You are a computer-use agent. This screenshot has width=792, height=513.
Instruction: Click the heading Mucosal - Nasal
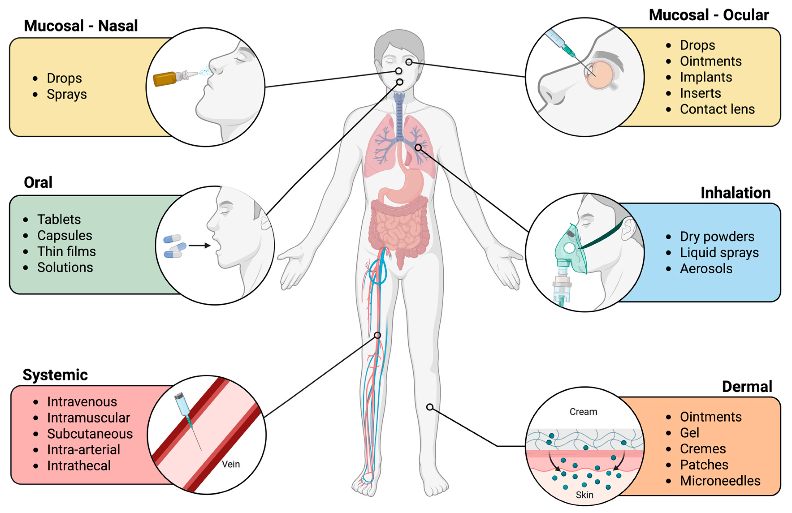point(81,26)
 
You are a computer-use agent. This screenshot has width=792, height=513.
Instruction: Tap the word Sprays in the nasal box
point(67,94)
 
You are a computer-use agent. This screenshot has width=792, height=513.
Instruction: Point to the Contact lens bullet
point(717,109)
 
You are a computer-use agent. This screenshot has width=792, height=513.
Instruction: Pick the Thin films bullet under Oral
point(66,251)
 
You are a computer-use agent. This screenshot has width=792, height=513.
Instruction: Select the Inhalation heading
point(735,193)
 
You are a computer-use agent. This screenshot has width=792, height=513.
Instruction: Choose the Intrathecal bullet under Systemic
point(79,466)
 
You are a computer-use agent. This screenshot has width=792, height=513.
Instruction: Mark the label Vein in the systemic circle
point(231,464)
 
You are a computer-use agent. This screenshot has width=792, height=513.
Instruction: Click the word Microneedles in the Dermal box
point(720,481)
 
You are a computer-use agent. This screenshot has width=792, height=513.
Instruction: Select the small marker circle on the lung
point(418,147)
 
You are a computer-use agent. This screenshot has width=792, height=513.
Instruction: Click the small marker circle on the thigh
point(377,335)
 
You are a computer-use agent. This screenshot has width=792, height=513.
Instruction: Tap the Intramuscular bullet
point(88,418)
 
